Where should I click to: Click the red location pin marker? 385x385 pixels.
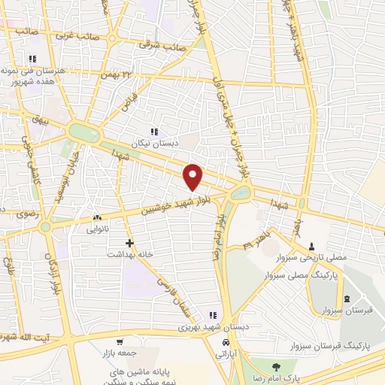click(194, 177)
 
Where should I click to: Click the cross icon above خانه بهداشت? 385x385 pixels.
click(130, 243)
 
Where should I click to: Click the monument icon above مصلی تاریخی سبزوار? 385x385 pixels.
click(312, 246)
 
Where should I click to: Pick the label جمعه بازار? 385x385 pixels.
click(119, 351)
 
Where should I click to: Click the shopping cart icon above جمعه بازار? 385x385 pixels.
click(118, 341)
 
